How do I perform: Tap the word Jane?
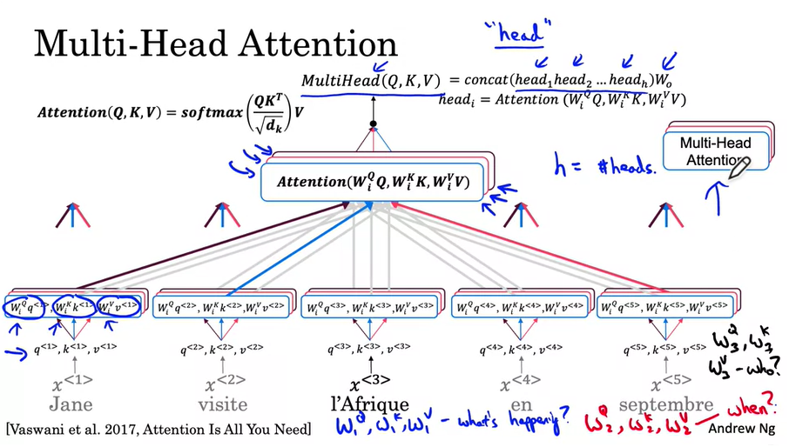tap(71, 404)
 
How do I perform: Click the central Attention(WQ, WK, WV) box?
tap(372, 183)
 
